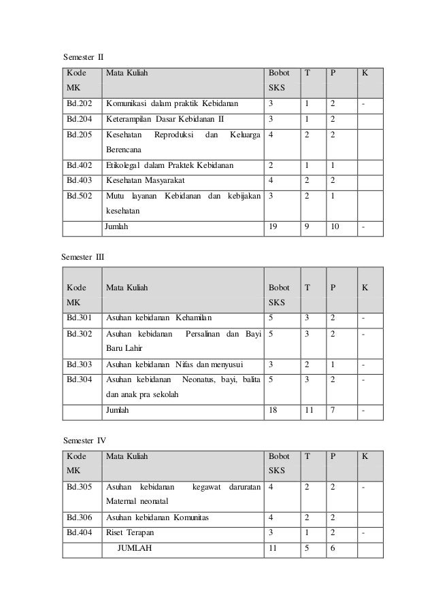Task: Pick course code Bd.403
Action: [x=79, y=180]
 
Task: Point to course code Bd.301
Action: [x=79, y=317]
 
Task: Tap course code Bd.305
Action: [x=79, y=488]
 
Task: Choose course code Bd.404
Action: [x=79, y=532]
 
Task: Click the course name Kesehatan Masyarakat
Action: [x=145, y=180]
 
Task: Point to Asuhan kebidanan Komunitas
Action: [x=157, y=517]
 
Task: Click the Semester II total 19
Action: [x=273, y=228]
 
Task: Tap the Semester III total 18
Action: [x=273, y=411]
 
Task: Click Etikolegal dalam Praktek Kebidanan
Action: [x=169, y=165]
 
